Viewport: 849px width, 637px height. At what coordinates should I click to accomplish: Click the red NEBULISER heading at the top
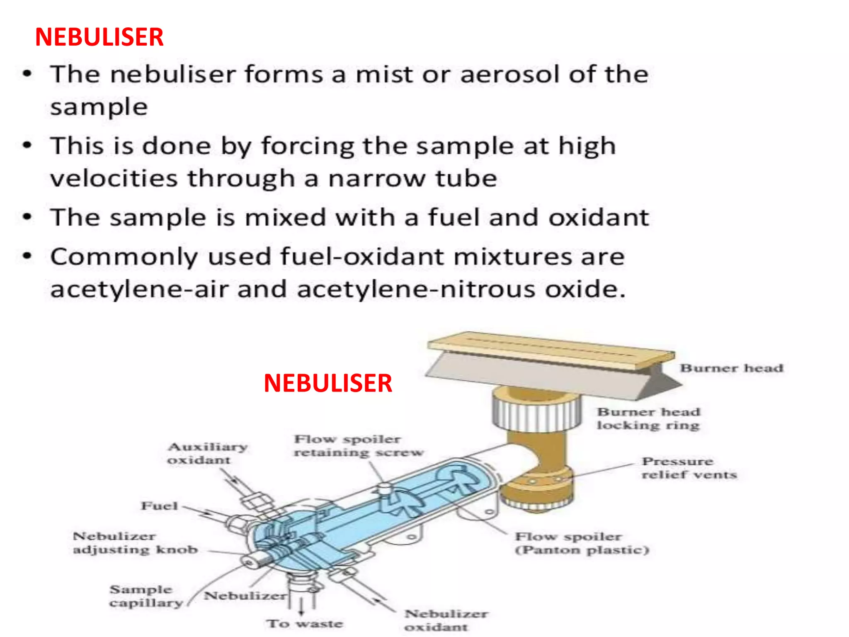pos(99,37)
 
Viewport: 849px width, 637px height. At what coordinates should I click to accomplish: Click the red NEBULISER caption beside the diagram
pos(327,383)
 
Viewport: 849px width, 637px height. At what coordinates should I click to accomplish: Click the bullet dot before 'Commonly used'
pos(27,256)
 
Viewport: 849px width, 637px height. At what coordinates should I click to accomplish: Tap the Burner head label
pos(732,368)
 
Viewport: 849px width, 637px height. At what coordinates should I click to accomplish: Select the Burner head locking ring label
pos(648,418)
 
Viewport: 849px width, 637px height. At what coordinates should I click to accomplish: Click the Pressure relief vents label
pos(689,468)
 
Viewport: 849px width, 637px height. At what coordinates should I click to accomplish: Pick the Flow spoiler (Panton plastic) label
pos(581,543)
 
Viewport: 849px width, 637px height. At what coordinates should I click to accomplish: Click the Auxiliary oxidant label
pos(207,453)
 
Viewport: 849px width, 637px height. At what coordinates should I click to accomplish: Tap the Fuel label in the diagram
pos(160,506)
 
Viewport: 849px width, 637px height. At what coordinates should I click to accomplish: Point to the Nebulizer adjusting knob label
pos(135,543)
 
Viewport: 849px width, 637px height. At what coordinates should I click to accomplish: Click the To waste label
pos(305,624)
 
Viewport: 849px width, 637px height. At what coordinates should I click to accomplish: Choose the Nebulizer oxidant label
pos(446,620)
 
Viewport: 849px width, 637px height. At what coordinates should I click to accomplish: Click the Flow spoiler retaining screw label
pos(359,446)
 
